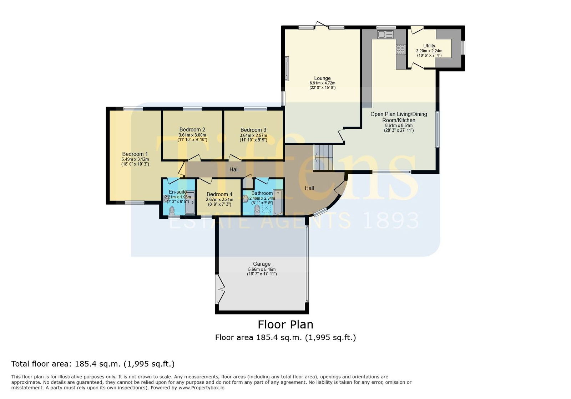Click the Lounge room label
click(x=322, y=78)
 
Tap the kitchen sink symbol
click(x=385, y=34)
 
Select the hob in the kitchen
click(x=400, y=50)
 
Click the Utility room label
click(x=429, y=46)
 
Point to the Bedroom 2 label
click(x=192, y=129)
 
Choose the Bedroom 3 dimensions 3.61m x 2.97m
click(x=253, y=135)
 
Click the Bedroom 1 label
click(x=135, y=154)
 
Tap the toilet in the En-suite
click(x=172, y=210)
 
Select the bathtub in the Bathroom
click(x=278, y=202)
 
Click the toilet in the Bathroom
click(x=257, y=210)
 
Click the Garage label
click(x=262, y=264)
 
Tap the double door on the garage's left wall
click(x=221, y=289)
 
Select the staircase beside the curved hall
click(x=323, y=157)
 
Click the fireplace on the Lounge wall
click(x=287, y=68)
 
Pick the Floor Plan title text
click(x=285, y=324)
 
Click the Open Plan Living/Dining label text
click(x=399, y=114)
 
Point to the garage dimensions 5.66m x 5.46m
click(x=262, y=270)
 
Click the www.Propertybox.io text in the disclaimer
click(x=201, y=388)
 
